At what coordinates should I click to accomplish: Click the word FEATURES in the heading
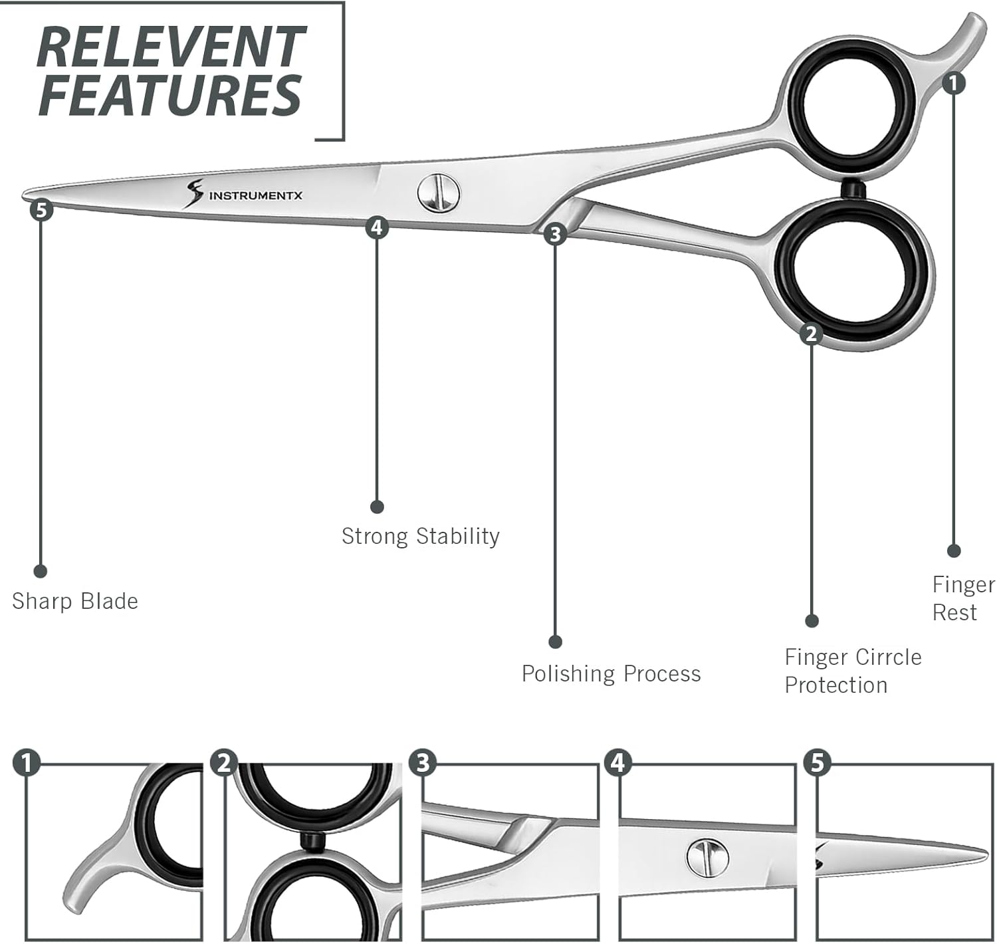pos(170,95)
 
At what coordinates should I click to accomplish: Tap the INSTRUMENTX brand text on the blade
pos(256,195)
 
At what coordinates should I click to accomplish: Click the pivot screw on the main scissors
pos(439,193)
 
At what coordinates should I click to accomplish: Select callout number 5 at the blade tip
pos(41,210)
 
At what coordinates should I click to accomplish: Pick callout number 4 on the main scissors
pos(377,227)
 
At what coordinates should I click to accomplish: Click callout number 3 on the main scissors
pos(555,234)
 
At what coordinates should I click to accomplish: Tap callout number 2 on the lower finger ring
pos(811,333)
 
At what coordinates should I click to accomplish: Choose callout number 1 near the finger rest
pos(954,83)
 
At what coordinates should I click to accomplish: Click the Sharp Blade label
pos(75,601)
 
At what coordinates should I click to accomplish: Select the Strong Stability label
pos(420,536)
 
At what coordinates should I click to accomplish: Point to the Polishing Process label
pos(611,673)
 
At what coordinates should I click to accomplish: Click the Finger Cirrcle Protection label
pos(853,671)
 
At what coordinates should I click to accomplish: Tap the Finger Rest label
pos(963,598)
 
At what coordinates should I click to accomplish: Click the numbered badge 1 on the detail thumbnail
pos(27,763)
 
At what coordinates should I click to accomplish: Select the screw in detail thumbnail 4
pos(707,857)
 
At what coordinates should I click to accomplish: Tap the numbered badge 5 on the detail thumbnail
pos(817,763)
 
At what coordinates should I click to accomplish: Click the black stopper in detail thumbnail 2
pos(311,841)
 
